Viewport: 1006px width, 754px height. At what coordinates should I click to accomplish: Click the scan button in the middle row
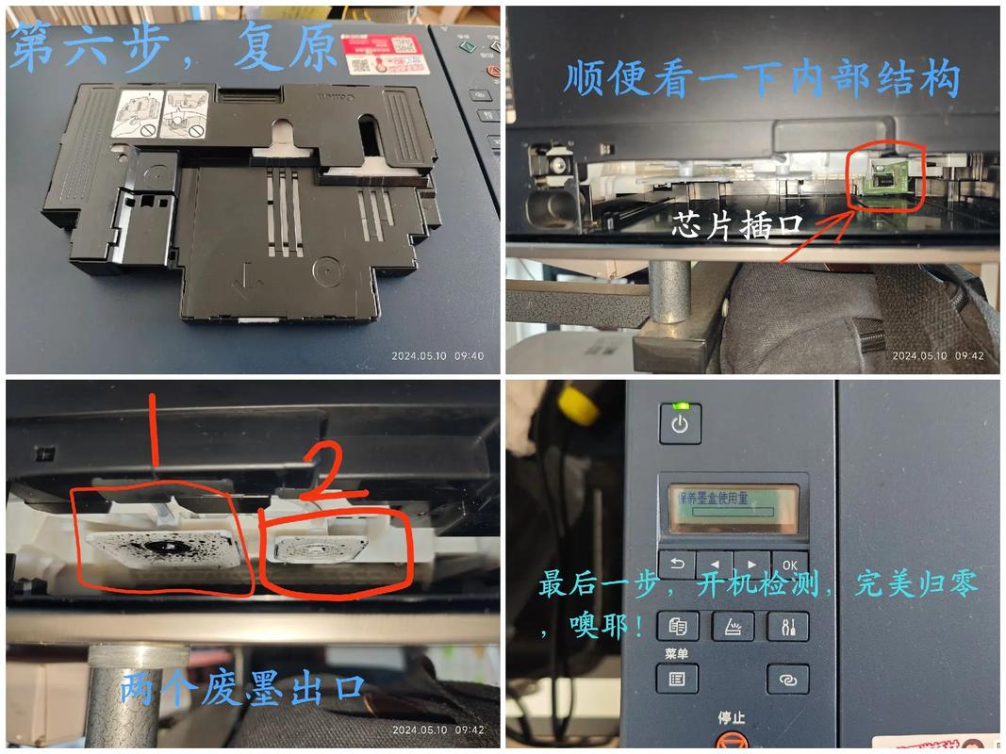point(732,625)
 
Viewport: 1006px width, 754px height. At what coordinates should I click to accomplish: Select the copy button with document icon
point(677,625)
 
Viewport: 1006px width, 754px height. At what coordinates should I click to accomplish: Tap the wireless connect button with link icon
point(787,679)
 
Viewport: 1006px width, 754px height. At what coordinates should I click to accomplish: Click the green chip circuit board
point(886,177)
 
